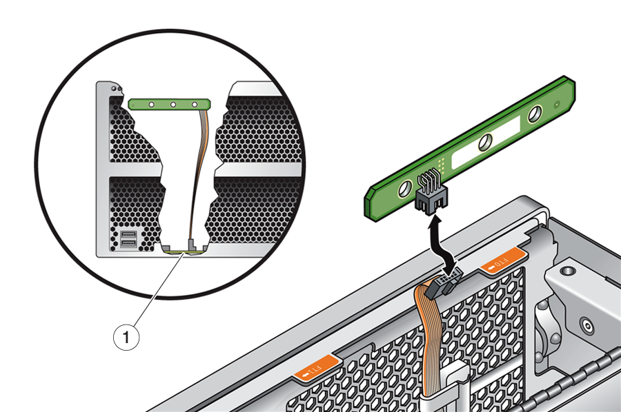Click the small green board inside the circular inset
(x=170, y=104)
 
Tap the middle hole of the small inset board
(x=173, y=104)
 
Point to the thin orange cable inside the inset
(x=201, y=172)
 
